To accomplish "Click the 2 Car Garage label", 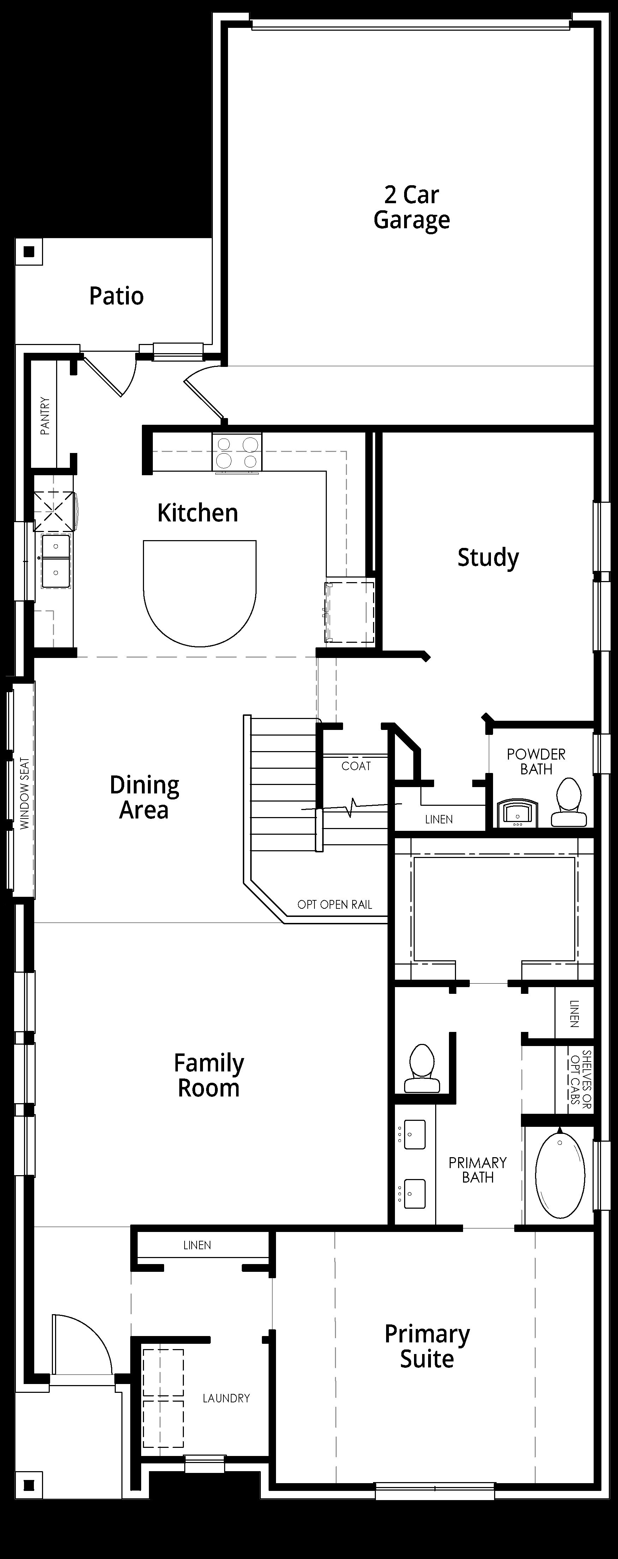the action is click(412, 207).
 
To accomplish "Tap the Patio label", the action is click(116, 296).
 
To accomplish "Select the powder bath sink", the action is click(517, 814).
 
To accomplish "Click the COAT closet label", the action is click(356, 766).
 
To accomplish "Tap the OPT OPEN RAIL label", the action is click(335, 905).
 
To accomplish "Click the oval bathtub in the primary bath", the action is click(560, 1175).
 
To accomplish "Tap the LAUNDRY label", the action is click(226, 1398).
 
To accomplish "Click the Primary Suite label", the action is click(427, 1347).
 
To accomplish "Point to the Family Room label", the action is click(209, 1075).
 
